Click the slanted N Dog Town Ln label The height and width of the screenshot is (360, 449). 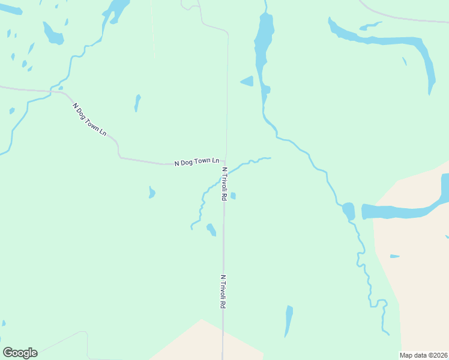coord(89,119)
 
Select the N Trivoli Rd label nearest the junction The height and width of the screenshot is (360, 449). coord(224,184)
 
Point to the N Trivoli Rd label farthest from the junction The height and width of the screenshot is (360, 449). coord(223,292)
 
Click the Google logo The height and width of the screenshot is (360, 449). coord(20,353)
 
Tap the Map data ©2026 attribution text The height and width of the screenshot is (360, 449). coord(423,355)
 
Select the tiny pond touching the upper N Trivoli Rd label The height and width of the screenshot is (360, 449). coord(233,196)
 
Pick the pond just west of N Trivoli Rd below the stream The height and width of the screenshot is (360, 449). coord(211,229)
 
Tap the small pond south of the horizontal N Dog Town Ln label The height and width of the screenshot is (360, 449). coord(152,192)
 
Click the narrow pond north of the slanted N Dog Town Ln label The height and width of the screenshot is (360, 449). coord(137,103)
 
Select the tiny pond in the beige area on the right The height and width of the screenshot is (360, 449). coord(394,256)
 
